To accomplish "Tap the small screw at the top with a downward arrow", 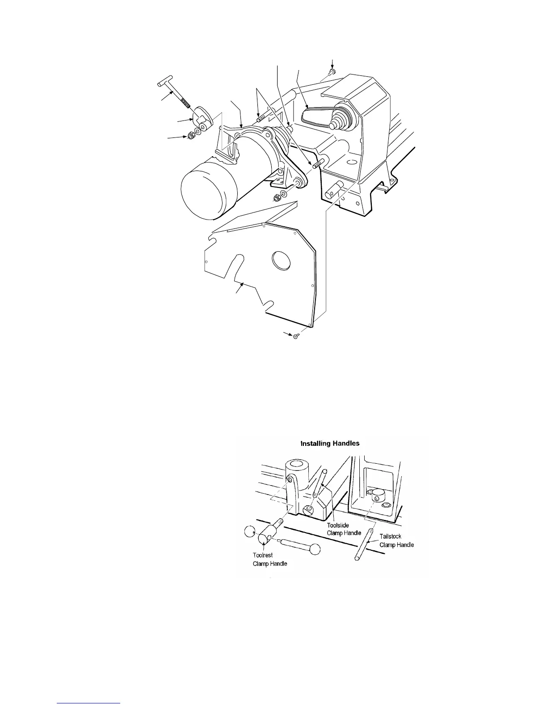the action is (x=332, y=71).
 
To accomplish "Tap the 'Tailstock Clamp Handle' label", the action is (x=396, y=541).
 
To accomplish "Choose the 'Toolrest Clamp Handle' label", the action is (x=268, y=560).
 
